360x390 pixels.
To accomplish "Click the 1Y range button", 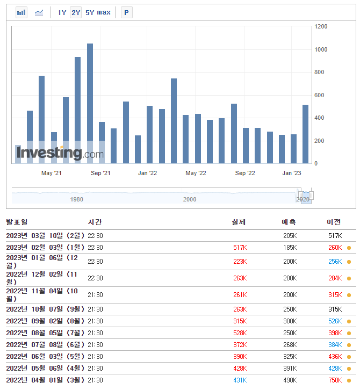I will coord(62,12).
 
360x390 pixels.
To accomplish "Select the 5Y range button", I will coord(90,12).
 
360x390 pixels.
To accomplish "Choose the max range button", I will coord(104,12).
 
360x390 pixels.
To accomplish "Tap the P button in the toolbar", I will coord(126,12).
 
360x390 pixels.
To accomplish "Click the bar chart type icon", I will coord(21,12).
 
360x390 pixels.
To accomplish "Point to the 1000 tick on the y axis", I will coord(321,49).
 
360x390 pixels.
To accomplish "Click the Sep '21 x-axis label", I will coord(100,173).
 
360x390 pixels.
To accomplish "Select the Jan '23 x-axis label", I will coord(292,173).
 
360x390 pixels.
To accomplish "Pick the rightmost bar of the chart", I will coord(305,134).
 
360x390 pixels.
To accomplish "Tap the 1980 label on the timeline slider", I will coord(77,199).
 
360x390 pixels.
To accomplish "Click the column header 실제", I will coord(239,222).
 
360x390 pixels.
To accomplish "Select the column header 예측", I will coord(289,222).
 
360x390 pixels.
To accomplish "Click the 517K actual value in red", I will coord(240,248).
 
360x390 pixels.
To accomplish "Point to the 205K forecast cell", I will coord(290,236).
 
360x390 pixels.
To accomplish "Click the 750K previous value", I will coord(335,380).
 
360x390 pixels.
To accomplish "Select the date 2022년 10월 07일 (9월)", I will coord(45,309).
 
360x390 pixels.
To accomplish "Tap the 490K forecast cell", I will coord(290,380).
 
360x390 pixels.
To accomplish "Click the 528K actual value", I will coord(240,333).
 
